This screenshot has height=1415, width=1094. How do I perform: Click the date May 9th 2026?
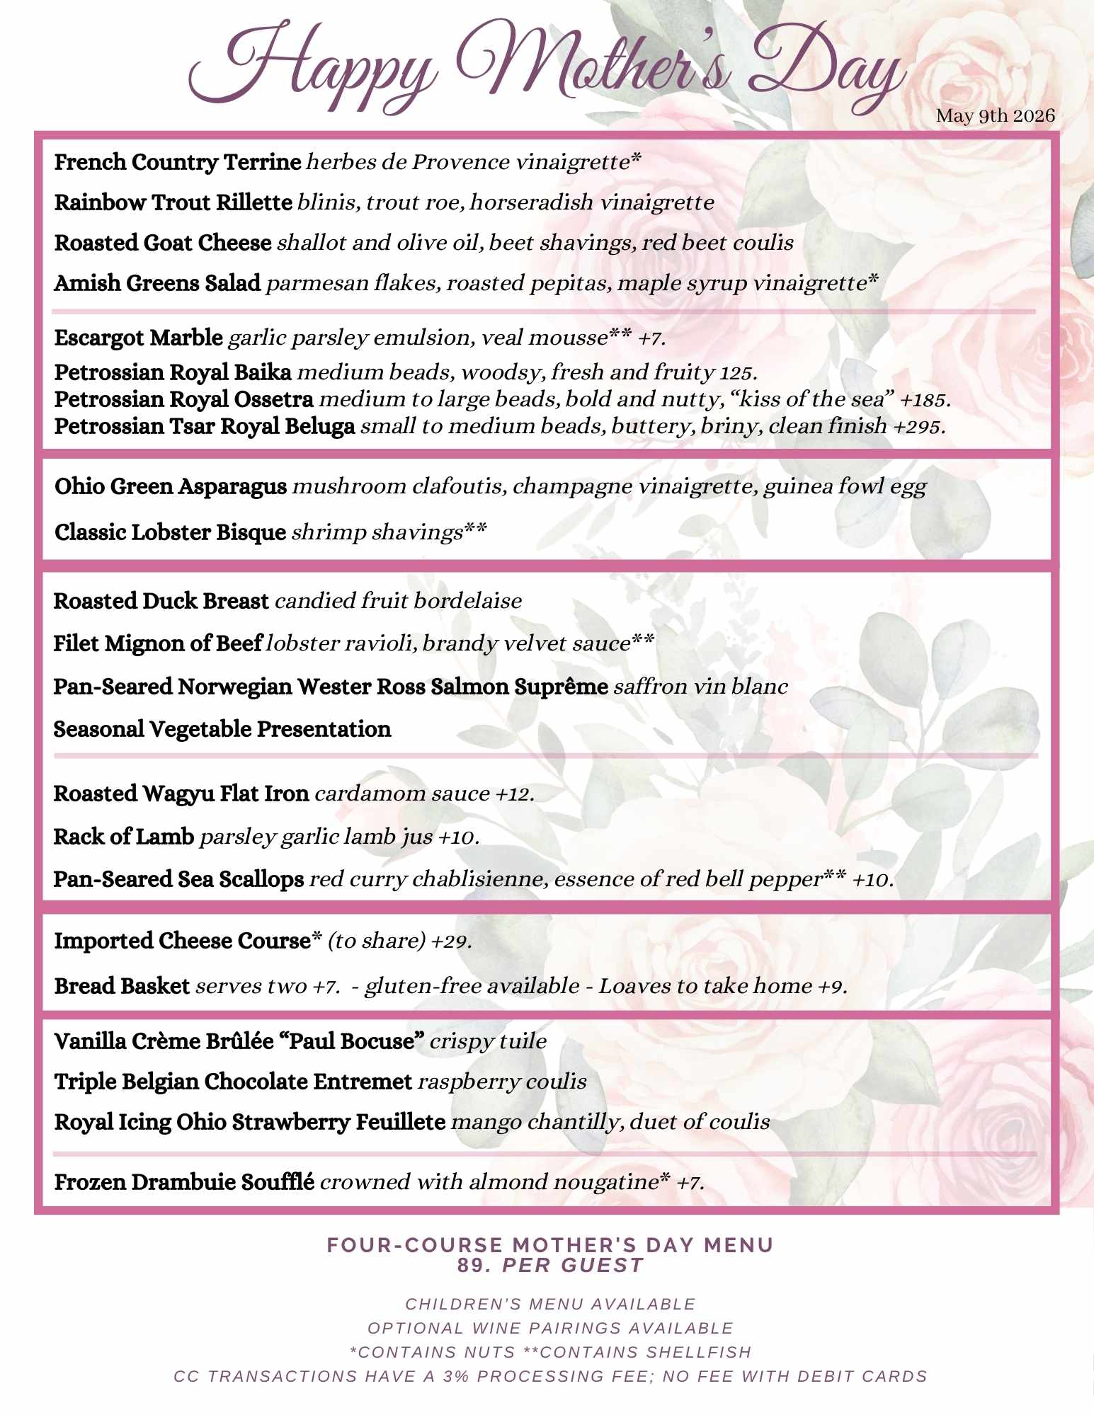995,116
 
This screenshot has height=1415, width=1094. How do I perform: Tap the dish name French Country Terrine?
178,162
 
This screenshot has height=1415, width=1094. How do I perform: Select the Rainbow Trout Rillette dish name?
173,202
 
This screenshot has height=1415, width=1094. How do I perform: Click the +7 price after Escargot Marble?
651,338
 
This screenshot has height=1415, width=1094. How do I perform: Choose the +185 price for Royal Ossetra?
924,400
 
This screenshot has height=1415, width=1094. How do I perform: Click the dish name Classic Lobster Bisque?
170,532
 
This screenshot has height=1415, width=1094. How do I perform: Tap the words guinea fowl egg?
844,487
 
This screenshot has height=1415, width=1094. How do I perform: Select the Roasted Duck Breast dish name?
161,601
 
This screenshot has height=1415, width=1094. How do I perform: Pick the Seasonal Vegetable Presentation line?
222,729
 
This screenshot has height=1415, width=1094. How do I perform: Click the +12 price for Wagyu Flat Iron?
514,794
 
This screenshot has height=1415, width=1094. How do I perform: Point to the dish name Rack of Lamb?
123,837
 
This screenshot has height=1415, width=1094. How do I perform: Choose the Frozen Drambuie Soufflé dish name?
184,1182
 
